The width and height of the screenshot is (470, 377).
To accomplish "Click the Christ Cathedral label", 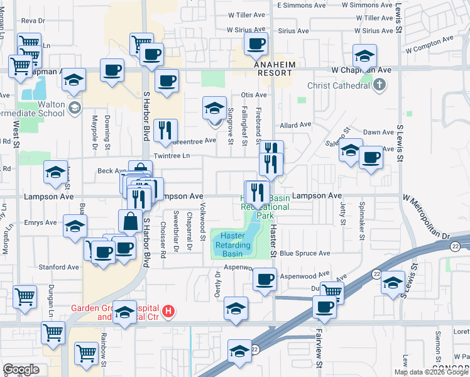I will pyautogui.click(x=339, y=86).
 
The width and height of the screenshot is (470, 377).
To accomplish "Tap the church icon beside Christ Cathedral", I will pyautogui.click(x=379, y=85).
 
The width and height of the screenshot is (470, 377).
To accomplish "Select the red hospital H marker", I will pyautogui.click(x=168, y=310).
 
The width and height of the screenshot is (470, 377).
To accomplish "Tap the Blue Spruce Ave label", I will pyautogui.click(x=305, y=254).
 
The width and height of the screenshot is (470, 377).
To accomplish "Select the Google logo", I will pyautogui.click(x=21, y=369).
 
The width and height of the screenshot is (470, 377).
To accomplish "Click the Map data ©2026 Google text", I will pyautogui.click(x=431, y=372).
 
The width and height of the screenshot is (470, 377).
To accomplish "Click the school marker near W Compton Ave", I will pyautogui.click(x=364, y=56).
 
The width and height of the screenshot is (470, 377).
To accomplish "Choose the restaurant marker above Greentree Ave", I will pyautogui.click(x=166, y=130).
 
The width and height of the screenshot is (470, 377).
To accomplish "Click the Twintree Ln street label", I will pyautogui.click(x=172, y=156).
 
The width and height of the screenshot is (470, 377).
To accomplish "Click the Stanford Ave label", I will pyautogui.click(x=60, y=267).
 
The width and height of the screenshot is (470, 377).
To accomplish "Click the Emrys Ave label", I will pyautogui.click(x=40, y=222).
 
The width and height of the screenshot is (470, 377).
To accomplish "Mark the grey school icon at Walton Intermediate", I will pyautogui.click(x=75, y=107).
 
